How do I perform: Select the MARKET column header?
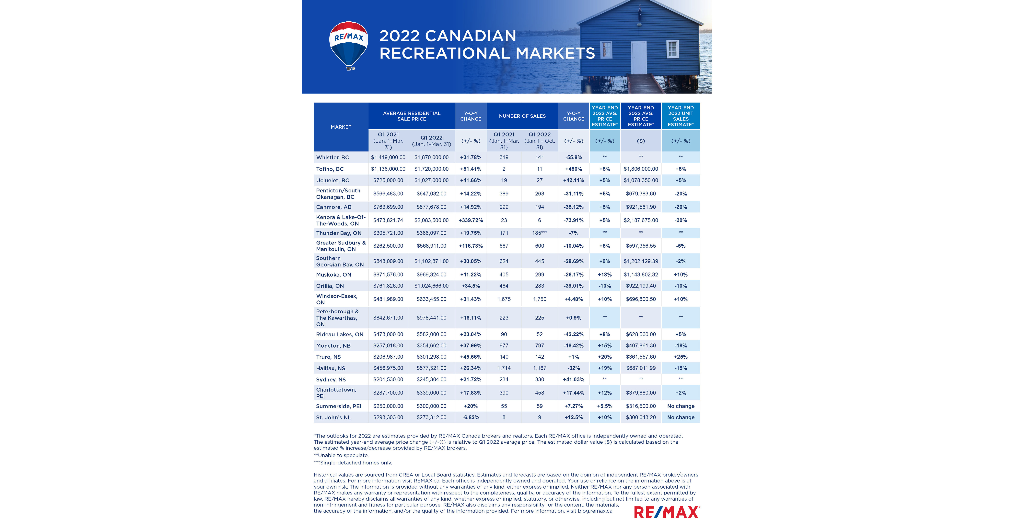pyautogui.click(x=341, y=127)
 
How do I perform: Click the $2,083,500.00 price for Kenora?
pyautogui.click(x=431, y=220)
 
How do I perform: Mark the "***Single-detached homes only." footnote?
pyautogui.click(x=353, y=463)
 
